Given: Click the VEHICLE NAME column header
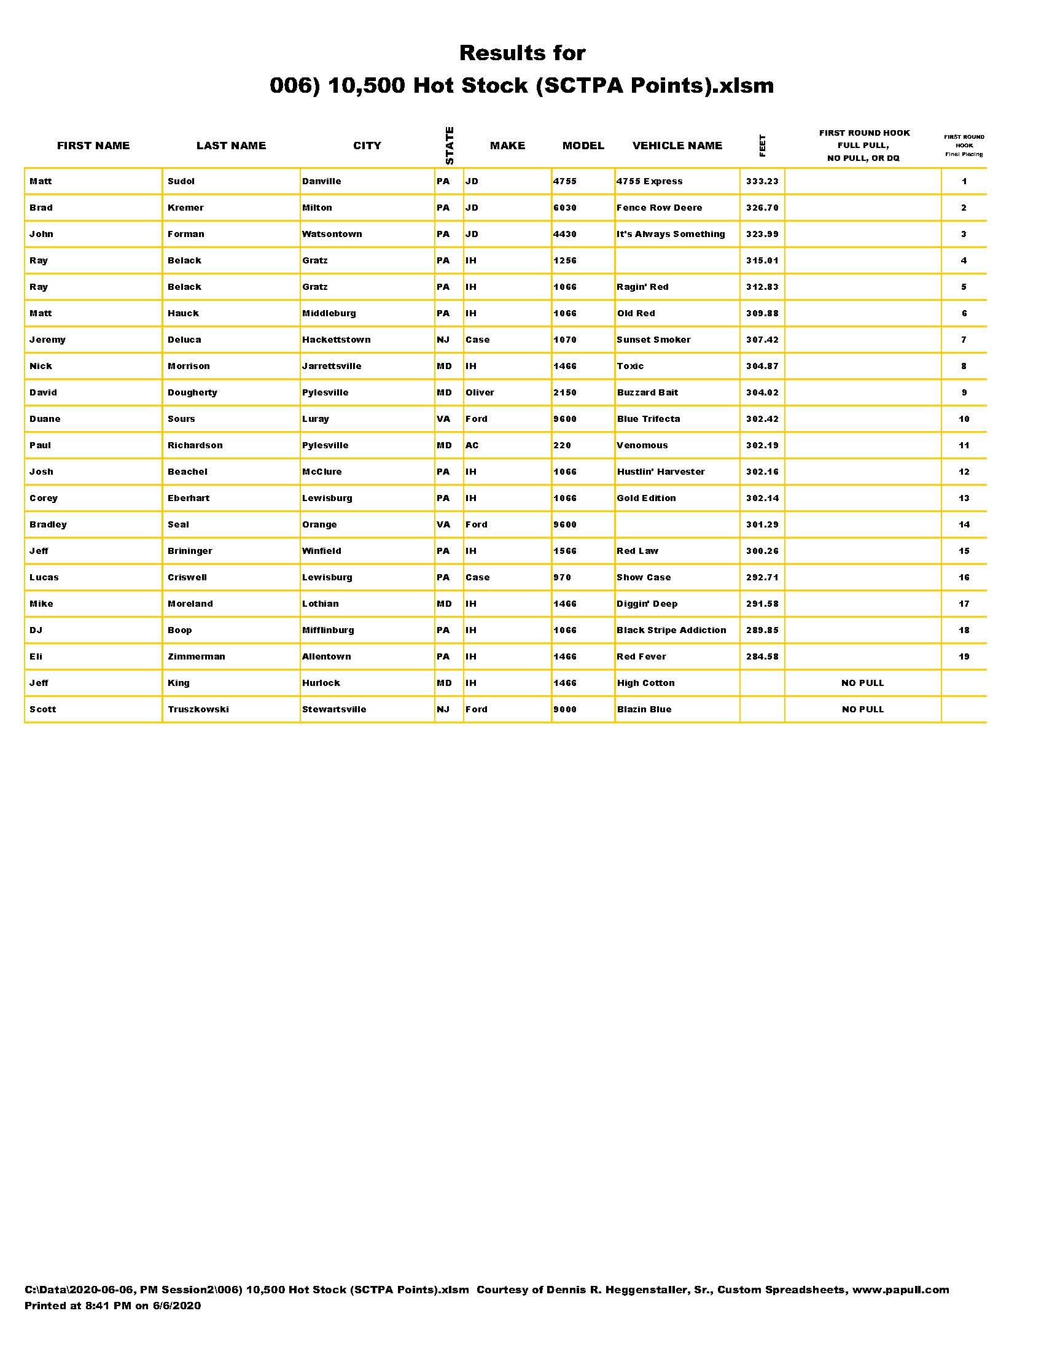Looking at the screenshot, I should click(677, 146).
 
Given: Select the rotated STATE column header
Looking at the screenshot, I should click(450, 146).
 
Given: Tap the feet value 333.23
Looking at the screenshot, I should click(762, 181).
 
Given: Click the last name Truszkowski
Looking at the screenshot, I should click(198, 709).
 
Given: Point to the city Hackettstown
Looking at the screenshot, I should click(336, 340).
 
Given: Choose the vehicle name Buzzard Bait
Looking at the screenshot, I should click(647, 392).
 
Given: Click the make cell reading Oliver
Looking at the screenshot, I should click(480, 392).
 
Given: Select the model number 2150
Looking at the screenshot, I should click(564, 392).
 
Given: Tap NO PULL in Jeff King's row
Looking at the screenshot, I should click(862, 683).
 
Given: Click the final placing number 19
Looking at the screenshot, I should click(964, 656).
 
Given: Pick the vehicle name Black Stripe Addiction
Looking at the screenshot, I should click(671, 629).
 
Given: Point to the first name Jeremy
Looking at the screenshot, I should click(47, 340).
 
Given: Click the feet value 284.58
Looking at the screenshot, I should click(762, 656).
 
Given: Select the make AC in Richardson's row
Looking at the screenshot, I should click(472, 445).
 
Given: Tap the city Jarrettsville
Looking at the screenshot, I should click(332, 366).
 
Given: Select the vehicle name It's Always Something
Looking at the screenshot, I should click(671, 234).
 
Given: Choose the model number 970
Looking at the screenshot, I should click(561, 577).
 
